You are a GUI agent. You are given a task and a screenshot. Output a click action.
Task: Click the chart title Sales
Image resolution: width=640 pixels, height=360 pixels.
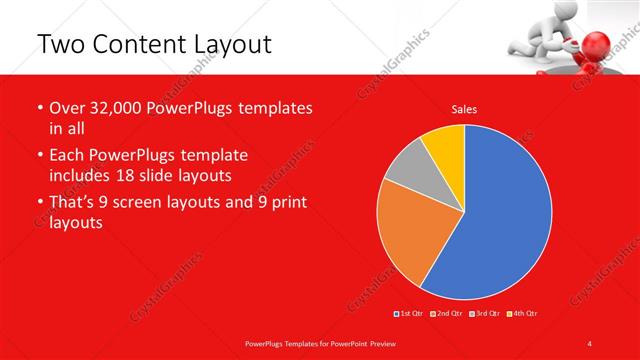point(464,108)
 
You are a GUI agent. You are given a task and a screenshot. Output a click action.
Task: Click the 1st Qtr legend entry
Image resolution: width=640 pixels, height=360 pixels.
point(410,313)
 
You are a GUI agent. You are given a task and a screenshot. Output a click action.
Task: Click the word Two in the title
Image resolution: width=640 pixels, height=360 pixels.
point(62,45)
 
